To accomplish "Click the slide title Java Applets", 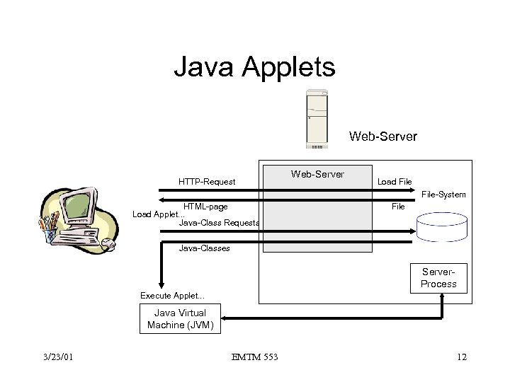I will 255,68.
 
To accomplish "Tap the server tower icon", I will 317,119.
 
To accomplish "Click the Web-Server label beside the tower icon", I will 383,135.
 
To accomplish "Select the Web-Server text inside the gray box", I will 317,174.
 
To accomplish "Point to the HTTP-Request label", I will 207,182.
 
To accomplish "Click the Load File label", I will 395,182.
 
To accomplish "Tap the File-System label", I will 443,194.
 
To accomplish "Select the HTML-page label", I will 205,207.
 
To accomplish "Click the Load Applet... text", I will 158,214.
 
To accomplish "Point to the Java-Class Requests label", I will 219,223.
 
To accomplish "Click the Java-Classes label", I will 204,248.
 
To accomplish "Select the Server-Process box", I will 438,278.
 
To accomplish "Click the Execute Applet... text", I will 172,295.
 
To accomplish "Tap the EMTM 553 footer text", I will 254,357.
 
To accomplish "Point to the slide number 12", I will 462,357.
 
